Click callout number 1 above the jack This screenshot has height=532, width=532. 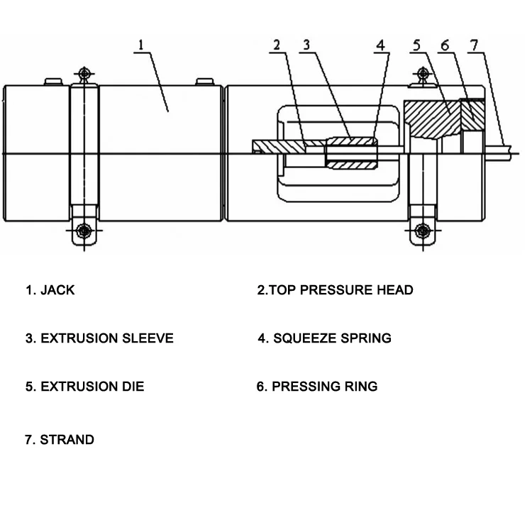[141, 45]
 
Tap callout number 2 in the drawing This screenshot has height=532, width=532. [277, 45]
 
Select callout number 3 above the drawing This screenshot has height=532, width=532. [306, 45]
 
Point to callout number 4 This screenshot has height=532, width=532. [381, 45]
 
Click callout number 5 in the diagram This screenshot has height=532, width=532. [416, 45]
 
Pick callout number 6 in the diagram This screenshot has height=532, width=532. [445, 45]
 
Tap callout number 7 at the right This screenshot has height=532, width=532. [474, 45]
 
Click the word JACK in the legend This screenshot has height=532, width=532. [57, 290]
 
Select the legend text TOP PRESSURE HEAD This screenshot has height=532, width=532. [341, 290]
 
